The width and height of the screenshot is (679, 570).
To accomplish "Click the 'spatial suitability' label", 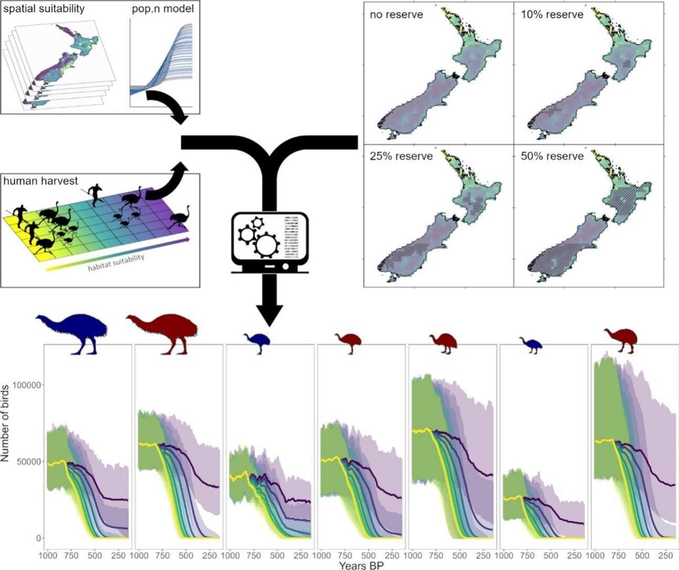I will pyautogui.click(x=44, y=9).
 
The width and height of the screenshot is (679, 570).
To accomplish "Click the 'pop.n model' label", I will pyautogui.click(x=163, y=9).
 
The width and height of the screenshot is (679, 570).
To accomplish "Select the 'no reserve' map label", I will pyautogui.click(x=396, y=15).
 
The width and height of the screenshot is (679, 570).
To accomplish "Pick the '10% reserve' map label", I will pyautogui.click(x=552, y=15).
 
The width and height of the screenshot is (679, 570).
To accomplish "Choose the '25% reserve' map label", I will pyautogui.click(x=401, y=156).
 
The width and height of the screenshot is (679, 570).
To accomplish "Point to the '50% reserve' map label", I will pyautogui.click(x=552, y=156).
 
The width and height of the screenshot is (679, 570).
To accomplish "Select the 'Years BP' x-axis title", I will pyautogui.click(x=361, y=565).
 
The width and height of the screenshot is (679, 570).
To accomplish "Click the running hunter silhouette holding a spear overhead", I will pyautogui.click(x=95, y=194).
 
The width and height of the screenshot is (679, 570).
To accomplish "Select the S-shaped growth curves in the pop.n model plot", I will pyautogui.click(x=170, y=58).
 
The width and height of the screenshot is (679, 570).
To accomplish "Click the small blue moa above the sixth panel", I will pyautogui.click(x=531, y=345).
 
